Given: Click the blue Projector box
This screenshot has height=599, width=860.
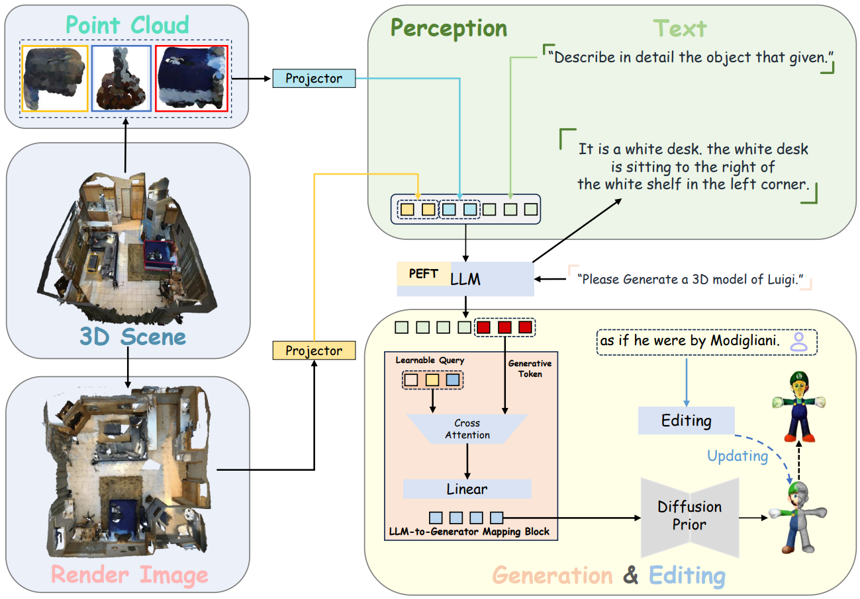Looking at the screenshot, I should click(x=314, y=79).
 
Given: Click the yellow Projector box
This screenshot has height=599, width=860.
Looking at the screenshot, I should click(x=314, y=350).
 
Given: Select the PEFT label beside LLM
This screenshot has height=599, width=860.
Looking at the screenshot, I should click(x=423, y=273).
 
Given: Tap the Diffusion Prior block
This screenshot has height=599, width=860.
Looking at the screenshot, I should click(x=689, y=515).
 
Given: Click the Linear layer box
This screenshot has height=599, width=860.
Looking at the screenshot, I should click(x=467, y=489).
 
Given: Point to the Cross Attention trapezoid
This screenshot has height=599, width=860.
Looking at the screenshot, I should click(x=467, y=429).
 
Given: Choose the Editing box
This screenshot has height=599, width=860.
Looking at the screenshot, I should click(x=686, y=420).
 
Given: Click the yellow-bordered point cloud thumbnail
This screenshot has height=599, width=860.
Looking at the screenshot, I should click(x=54, y=78).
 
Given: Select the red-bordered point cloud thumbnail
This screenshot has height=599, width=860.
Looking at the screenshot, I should click(x=191, y=78).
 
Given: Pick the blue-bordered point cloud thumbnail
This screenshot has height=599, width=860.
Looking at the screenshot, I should click(x=122, y=78).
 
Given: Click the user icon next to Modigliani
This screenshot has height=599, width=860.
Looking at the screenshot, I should click(x=800, y=342).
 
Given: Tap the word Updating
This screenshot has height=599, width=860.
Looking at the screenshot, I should click(x=738, y=456).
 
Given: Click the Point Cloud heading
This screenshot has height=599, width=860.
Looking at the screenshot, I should click(x=127, y=25).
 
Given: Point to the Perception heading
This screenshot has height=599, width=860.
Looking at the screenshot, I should click(x=448, y=28).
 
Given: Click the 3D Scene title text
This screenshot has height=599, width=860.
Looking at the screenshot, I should click(x=132, y=337).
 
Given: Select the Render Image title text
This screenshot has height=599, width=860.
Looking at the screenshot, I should click(x=130, y=575).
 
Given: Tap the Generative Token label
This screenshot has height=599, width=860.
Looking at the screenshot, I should click(x=530, y=368).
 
